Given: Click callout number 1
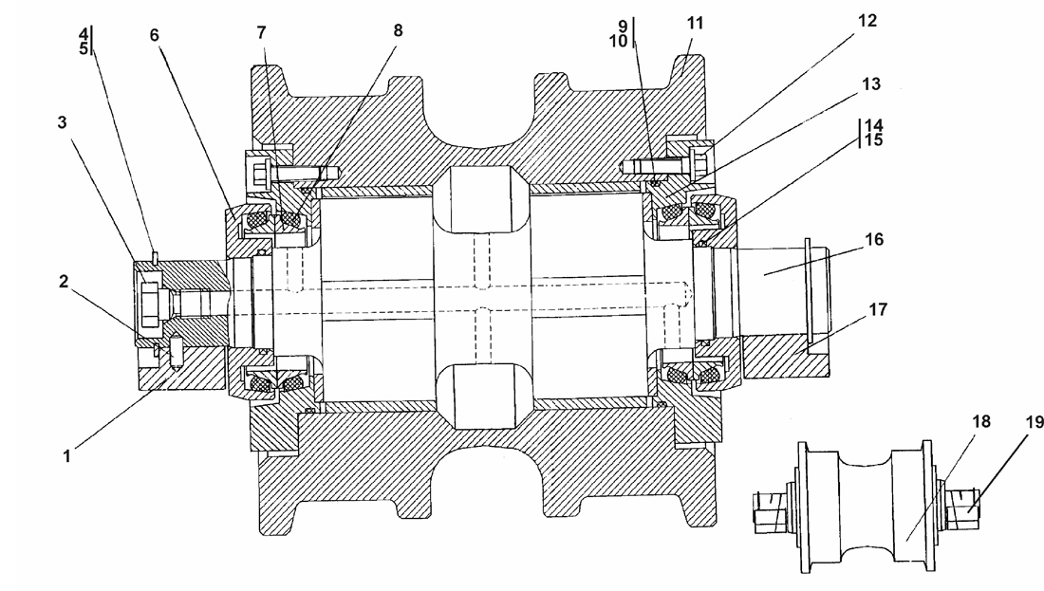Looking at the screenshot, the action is click(66, 456).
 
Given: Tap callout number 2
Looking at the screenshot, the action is click(64, 282).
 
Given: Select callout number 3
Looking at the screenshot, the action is click(62, 122).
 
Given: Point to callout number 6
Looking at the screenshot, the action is click(155, 34).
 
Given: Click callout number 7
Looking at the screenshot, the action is click(261, 32).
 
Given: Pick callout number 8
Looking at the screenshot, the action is click(399, 30).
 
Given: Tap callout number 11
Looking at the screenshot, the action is click(695, 24).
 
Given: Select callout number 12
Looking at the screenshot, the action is click(867, 21).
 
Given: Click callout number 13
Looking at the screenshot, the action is click(871, 83).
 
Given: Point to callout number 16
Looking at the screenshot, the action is click(874, 239).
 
